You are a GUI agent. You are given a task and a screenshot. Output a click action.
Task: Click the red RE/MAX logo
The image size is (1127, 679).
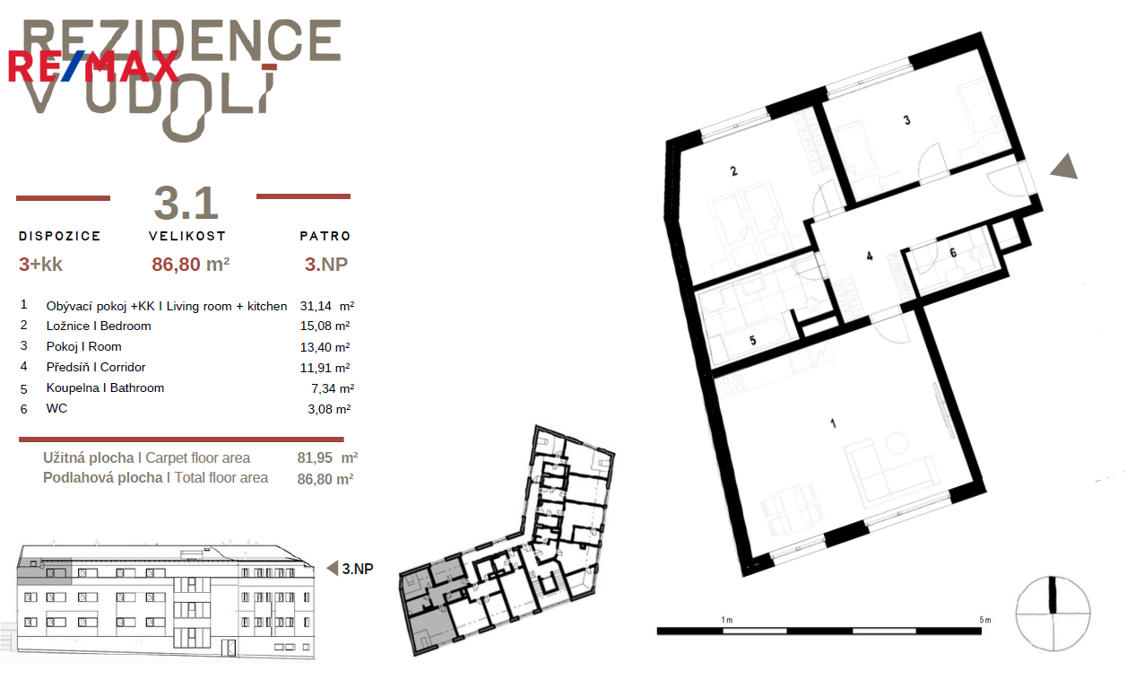click(93, 66)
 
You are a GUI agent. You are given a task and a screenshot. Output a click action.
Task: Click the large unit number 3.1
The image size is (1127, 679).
click(186, 204)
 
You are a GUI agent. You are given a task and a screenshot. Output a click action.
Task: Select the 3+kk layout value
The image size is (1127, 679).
click(40, 265)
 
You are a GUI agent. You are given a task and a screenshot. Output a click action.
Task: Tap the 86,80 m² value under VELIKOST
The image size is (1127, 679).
click(191, 265)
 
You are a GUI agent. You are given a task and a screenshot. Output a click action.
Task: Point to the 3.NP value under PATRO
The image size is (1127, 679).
click(326, 265)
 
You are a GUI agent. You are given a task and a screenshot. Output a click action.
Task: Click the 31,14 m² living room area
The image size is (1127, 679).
click(327, 306)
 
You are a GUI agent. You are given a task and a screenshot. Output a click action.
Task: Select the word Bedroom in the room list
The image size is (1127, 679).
click(126, 326)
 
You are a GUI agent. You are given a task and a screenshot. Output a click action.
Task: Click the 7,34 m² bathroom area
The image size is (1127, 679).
click(333, 388)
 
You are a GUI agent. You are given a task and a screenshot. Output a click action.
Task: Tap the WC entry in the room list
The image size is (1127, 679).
click(56, 408)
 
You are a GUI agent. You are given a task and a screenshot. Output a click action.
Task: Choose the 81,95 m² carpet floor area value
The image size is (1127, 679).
click(327, 457)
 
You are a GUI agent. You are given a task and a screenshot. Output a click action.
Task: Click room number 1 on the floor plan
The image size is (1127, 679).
click(833, 423)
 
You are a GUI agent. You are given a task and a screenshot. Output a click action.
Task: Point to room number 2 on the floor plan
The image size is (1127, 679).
click(733, 171)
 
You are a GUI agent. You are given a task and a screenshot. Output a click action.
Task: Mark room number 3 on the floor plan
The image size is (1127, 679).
click(906, 120)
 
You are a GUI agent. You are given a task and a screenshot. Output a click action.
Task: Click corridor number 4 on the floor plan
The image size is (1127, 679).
click(870, 257)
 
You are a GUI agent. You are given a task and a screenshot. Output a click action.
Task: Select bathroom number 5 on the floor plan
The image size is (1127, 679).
click(752, 340)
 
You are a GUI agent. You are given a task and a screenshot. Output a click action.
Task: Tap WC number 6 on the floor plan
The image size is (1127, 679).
click(953, 253)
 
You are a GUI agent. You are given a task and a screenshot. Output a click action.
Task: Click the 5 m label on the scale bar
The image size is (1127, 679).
click(984, 620)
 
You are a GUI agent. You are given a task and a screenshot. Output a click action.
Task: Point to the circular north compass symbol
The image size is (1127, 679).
click(1053, 614)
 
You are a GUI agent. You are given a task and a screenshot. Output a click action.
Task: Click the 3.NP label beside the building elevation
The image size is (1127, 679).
click(357, 569)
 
